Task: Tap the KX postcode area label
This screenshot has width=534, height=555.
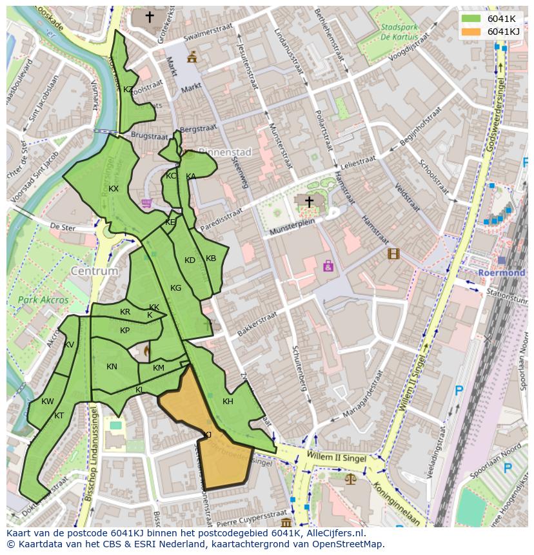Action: tap(114, 189)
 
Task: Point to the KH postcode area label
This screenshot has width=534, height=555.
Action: tap(228, 402)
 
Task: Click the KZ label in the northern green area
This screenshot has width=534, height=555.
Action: tap(128, 90)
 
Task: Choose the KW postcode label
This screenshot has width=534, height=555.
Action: tap(48, 402)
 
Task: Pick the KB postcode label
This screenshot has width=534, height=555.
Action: tap(211, 258)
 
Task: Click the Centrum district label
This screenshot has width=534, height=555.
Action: tap(95, 271)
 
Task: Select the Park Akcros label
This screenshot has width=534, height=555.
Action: tap(43, 300)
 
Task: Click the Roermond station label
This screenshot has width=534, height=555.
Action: tap(501, 273)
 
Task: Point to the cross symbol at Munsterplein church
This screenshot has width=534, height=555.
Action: tap(309, 202)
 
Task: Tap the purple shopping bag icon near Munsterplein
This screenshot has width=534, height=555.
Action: tap(328, 265)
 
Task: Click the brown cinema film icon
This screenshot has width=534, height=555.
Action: tap(393, 254)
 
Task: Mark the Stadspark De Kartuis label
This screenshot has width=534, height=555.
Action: tap(399, 32)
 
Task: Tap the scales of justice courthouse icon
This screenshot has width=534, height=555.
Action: tap(350, 480)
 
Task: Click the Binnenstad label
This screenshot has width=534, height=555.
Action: tap(224, 153)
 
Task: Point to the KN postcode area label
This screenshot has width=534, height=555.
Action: tap(112, 367)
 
